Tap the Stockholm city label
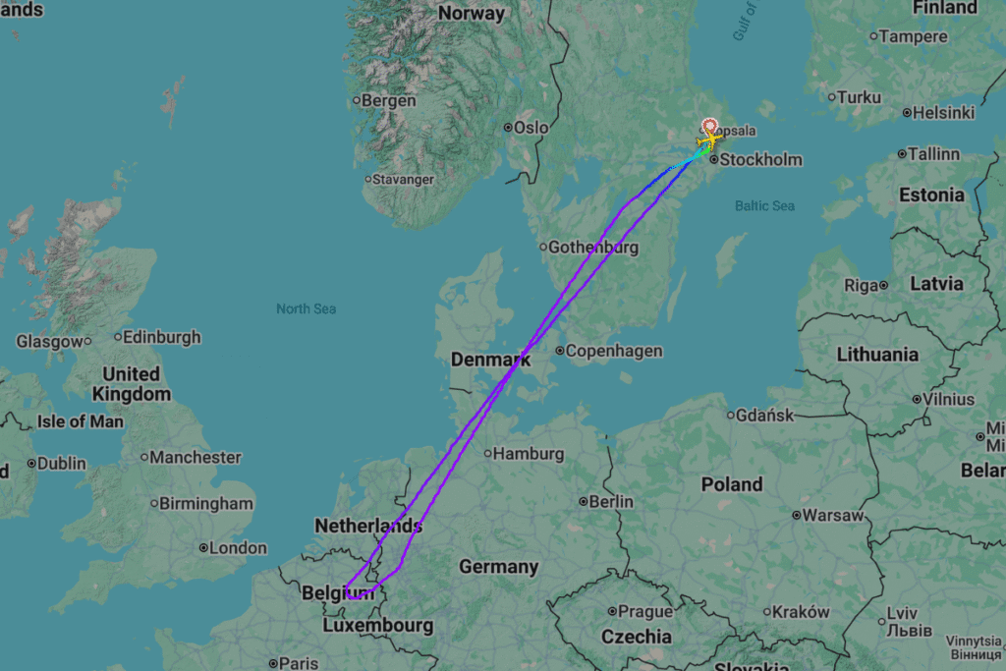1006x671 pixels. point(760,159)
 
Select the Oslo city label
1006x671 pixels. point(531,128)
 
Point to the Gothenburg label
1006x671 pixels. point(592,247)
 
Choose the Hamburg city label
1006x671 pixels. point(528,454)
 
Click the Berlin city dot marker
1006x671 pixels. point(584,502)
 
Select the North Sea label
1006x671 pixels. point(306,308)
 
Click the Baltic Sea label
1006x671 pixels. point(764,205)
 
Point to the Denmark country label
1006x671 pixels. point(490,360)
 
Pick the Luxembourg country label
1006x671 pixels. point(377,625)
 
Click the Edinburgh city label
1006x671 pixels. point(162,337)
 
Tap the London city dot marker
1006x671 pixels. point(203,548)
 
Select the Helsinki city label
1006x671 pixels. point(943,113)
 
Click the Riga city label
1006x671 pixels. point(861,285)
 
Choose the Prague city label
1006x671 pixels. point(645,611)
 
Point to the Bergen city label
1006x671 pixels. point(388,100)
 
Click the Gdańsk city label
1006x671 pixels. point(764,416)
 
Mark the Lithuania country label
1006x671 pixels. point(877,354)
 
